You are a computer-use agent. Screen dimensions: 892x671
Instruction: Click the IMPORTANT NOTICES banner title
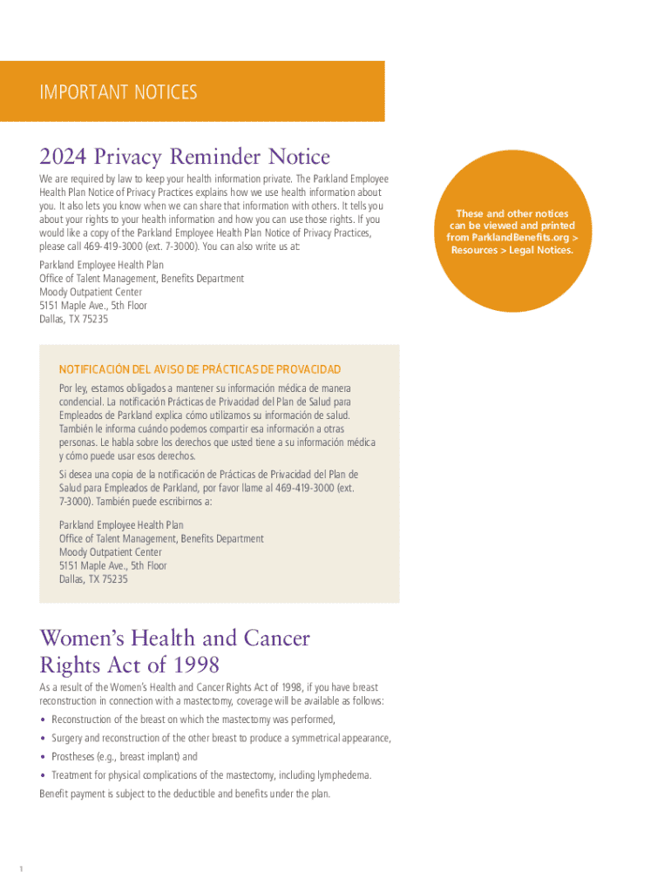coord(119,91)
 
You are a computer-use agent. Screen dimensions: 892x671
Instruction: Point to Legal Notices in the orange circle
coord(538,251)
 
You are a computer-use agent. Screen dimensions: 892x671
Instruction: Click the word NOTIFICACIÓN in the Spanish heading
coord(91,370)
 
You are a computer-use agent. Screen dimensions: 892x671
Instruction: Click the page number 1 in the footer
coord(21,868)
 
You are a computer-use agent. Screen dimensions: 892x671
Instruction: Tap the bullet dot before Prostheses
coord(44,757)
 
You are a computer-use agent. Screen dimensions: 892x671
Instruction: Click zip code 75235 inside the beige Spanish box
coord(115,579)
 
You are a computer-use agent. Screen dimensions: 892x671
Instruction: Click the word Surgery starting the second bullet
coord(68,739)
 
